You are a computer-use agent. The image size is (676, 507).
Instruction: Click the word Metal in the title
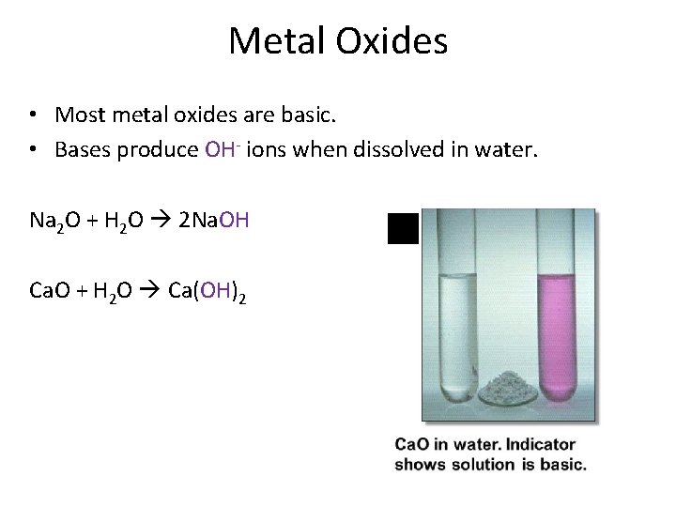273,39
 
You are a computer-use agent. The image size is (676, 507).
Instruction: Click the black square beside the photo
403,228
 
